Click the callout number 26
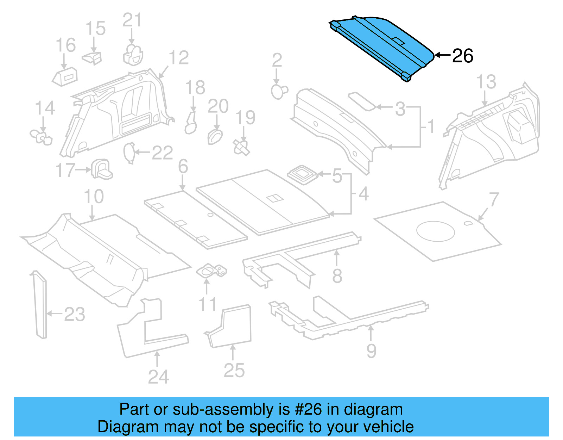[x=463, y=56]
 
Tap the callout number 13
[x=486, y=82]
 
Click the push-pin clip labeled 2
[x=279, y=92]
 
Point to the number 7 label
[x=494, y=200]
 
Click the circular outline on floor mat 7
[x=435, y=231]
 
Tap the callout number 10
[x=94, y=197]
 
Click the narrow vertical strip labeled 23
[x=40, y=305]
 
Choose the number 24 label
[x=158, y=377]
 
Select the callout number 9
[x=371, y=351]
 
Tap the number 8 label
[x=337, y=276]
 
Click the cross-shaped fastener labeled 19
[x=242, y=147]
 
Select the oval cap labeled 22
[x=129, y=153]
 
